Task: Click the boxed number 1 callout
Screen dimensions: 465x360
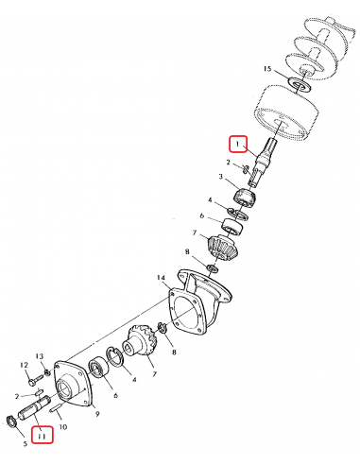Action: (x=236, y=144)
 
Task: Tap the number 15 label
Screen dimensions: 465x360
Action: (x=267, y=70)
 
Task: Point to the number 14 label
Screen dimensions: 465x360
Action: (x=162, y=279)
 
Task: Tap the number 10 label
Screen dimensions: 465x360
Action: (x=63, y=427)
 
